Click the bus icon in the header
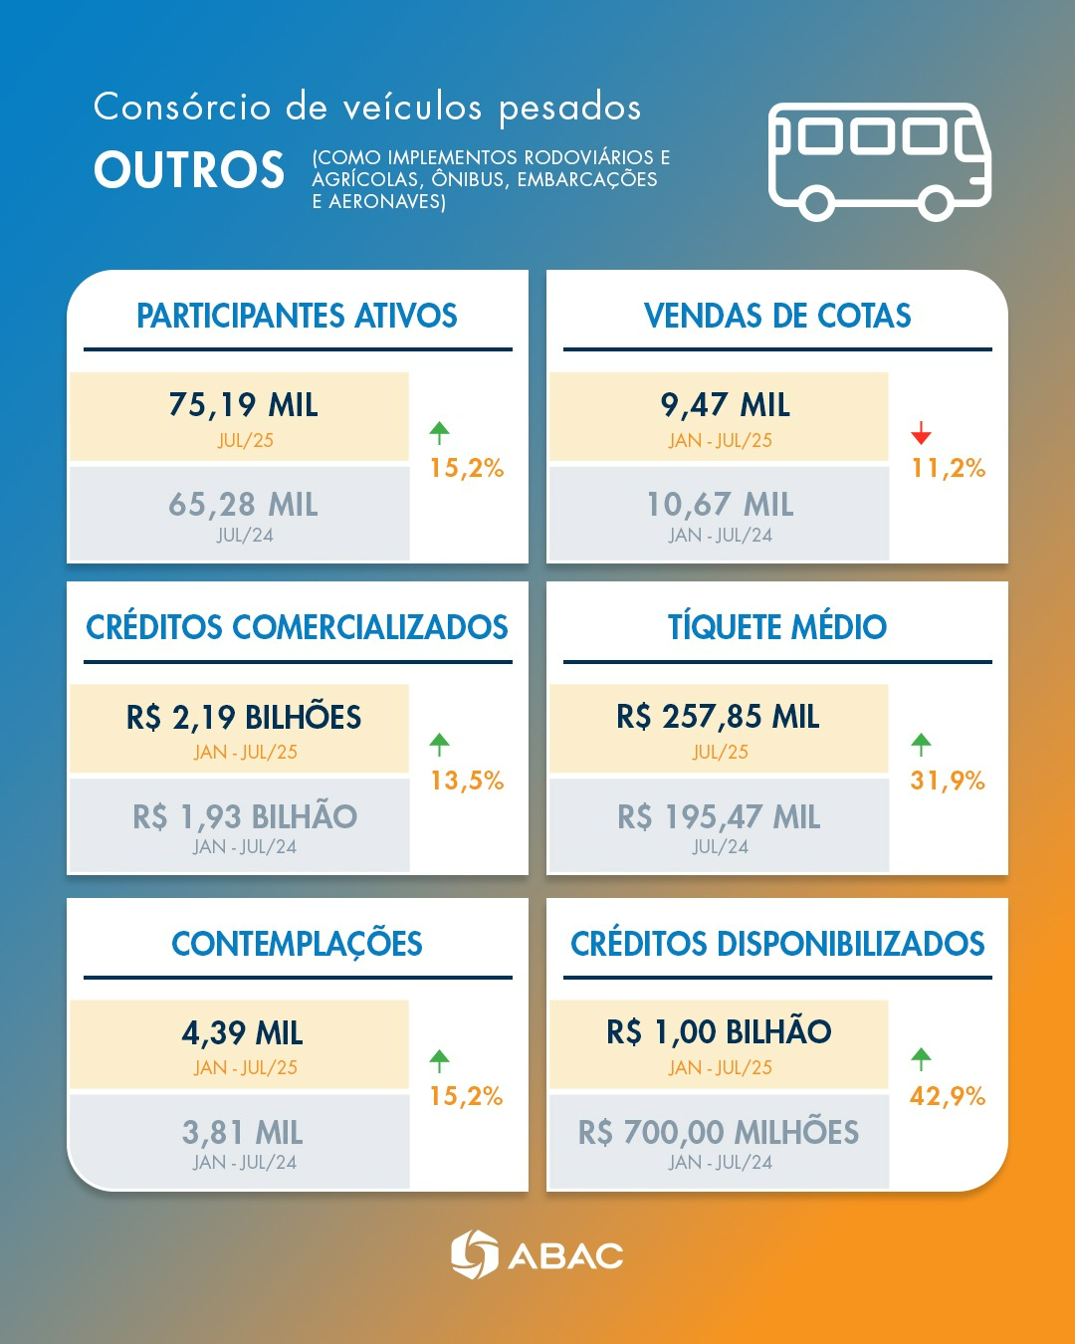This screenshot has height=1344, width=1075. point(879,160)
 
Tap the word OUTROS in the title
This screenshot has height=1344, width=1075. point(189,170)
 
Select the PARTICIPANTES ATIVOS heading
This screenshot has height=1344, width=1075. point(297,317)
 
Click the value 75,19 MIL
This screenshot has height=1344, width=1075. point(243,405)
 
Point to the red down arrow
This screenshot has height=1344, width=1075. point(921,433)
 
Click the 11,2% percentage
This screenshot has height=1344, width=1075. point(948,468)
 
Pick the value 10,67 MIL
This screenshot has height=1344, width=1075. point(720,505)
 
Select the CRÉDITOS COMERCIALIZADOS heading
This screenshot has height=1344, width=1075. point(297,627)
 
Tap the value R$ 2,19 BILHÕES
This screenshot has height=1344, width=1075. point(243,717)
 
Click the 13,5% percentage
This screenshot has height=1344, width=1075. point(467,781)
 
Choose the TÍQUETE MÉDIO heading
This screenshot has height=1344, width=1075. point(776,627)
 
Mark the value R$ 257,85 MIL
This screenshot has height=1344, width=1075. point(718,717)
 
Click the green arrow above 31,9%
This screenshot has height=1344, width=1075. point(921,744)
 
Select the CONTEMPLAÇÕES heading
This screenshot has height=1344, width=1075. point(297,944)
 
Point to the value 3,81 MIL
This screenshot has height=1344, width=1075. point(242,1133)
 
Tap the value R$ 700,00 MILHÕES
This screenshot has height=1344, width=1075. point(718,1133)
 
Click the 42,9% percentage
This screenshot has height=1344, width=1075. point(948,1096)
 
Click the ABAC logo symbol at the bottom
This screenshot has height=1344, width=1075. point(474,1254)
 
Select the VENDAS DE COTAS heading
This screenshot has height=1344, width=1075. point(776,317)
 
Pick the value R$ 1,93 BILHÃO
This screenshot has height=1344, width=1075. point(245,817)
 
